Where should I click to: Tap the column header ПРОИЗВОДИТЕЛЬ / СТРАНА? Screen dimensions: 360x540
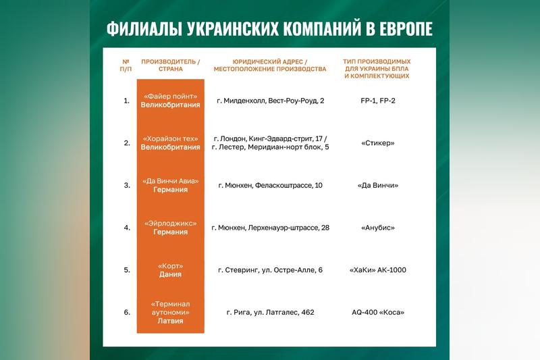tap(170, 66)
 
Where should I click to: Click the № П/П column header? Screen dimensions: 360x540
tap(126, 66)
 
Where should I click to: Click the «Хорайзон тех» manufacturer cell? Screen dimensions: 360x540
tap(170, 143)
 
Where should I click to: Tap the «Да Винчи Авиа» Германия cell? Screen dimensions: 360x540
tap(170, 185)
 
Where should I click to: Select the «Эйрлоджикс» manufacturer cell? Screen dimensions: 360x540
tap(170, 228)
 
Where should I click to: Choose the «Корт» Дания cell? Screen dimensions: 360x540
tap(170, 270)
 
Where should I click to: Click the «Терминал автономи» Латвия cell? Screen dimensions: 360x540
tap(170, 312)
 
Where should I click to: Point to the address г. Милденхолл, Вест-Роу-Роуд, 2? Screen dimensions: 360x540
tap(270, 101)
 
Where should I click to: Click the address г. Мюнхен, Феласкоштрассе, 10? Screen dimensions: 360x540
tap(270, 185)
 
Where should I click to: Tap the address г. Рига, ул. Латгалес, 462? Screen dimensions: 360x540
tap(270, 312)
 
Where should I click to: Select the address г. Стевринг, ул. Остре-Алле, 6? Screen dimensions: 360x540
tap(270, 270)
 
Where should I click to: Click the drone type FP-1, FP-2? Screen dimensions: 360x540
tap(377, 101)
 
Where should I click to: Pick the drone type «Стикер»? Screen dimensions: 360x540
tap(377, 143)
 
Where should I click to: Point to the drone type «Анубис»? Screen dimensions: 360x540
tap(377, 228)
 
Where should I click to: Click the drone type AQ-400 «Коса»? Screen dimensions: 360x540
tap(377, 312)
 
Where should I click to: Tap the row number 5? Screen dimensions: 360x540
tap(126, 270)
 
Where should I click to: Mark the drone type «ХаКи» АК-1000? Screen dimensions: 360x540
tap(377, 270)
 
